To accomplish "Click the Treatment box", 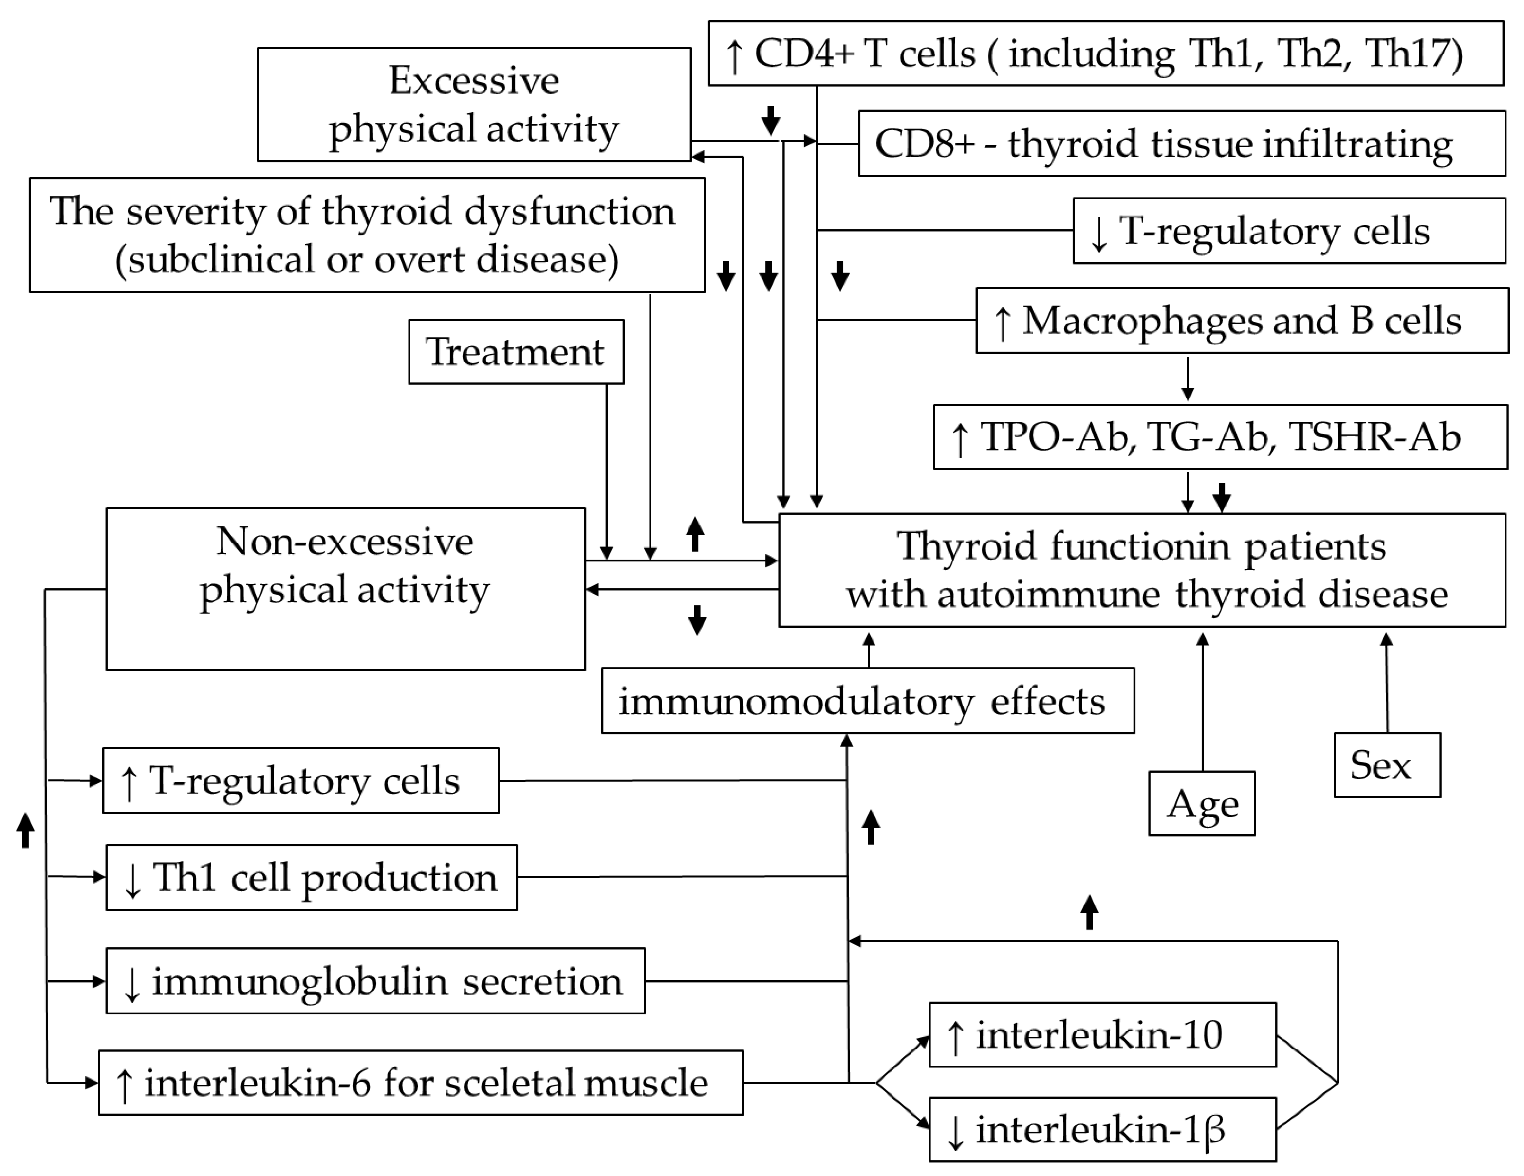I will click(x=516, y=352).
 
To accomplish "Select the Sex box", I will click(x=1387, y=765).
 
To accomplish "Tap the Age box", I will click(x=1202, y=803).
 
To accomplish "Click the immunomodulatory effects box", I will click(x=867, y=701).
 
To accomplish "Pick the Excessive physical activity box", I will click(x=474, y=104).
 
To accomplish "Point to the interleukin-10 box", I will click(x=1102, y=1034).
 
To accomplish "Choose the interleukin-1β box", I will click(x=1102, y=1129).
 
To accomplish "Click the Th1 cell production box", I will click(x=311, y=877).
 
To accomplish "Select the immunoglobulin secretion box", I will click(x=375, y=981).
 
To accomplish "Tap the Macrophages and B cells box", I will click(x=1242, y=320).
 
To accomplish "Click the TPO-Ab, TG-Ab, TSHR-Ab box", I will click(x=1220, y=437).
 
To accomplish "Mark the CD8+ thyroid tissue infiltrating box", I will click(x=1181, y=144).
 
